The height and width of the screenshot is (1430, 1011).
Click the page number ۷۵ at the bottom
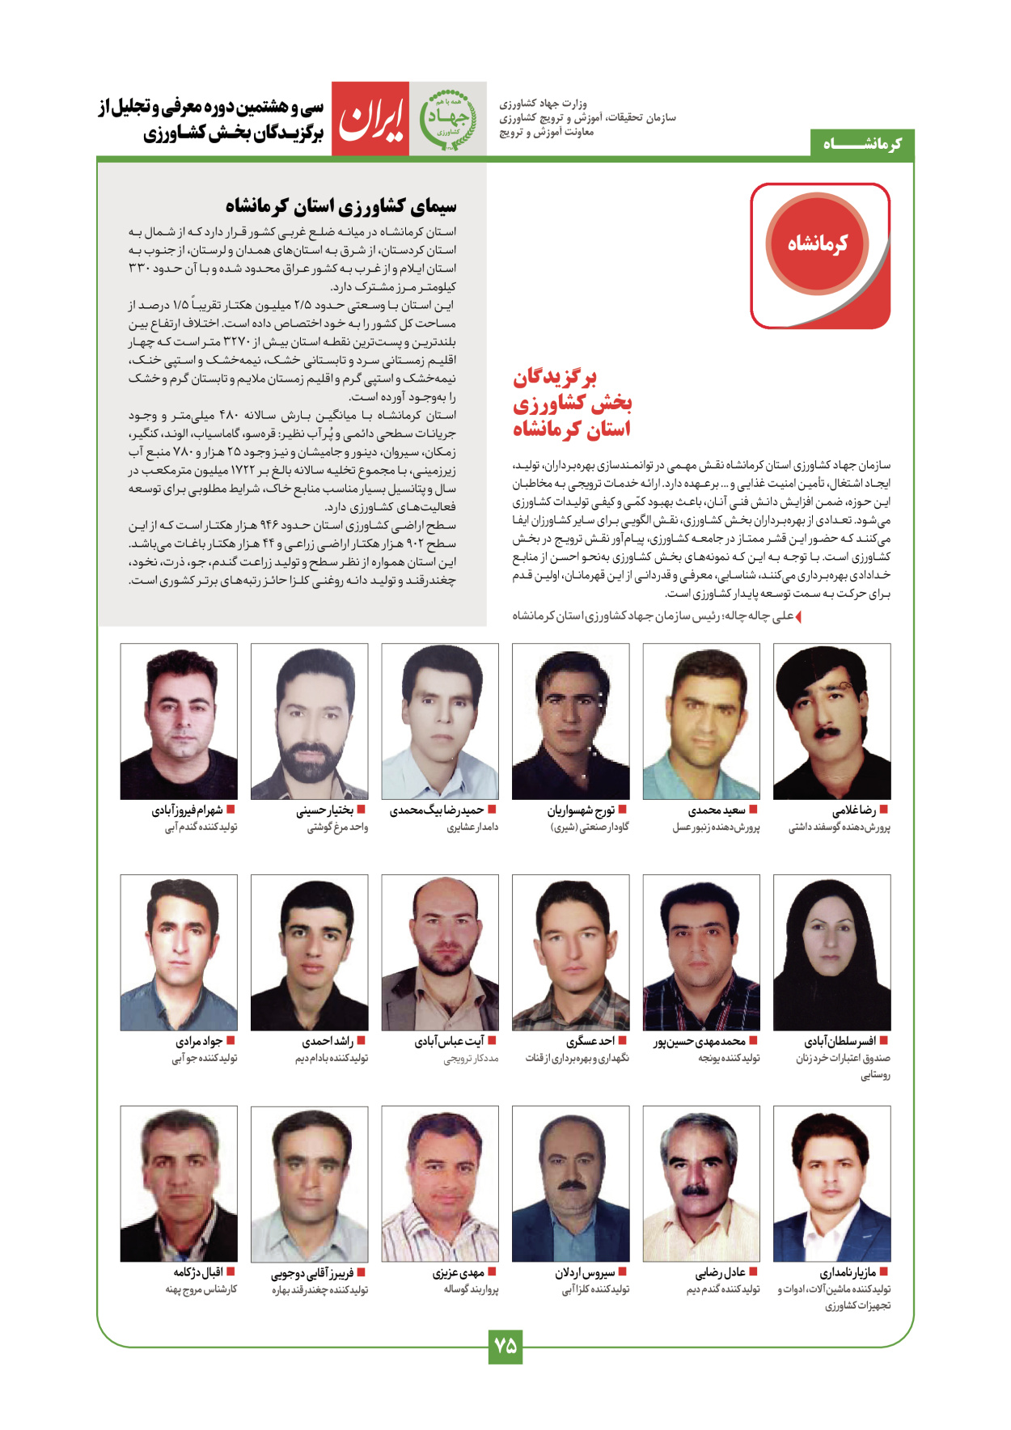(505, 1346)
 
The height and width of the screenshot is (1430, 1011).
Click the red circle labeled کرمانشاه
(817, 243)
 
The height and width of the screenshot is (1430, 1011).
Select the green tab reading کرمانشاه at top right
(862, 144)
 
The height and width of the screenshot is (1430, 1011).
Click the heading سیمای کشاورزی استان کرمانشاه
(341, 206)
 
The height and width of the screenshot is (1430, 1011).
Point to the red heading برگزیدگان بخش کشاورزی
(571, 402)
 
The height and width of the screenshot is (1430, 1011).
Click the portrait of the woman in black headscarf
(831, 952)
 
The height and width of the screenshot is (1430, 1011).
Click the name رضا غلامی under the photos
(854, 810)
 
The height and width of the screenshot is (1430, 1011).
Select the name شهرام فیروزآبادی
(187, 810)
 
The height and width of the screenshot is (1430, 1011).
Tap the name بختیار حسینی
(324, 810)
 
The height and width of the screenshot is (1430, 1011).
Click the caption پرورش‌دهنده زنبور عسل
(716, 827)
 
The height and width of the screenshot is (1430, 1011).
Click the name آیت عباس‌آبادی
(449, 1041)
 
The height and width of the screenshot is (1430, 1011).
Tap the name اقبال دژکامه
(197, 1272)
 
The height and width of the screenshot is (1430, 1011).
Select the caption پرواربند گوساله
(471, 1289)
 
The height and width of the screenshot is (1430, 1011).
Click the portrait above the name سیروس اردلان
(570, 1183)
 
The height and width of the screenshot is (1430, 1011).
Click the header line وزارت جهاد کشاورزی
(543, 104)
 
